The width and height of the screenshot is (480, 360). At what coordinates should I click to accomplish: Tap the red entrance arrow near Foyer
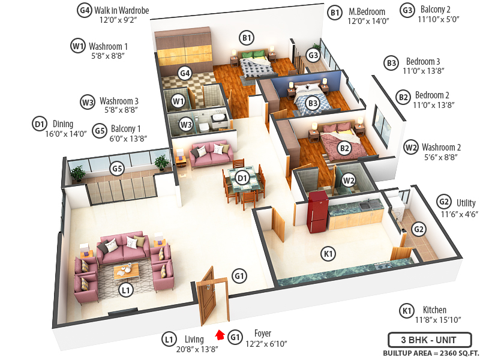pyautogui.click(x=220, y=335)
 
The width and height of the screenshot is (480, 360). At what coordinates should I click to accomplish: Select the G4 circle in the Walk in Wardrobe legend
pyautogui.click(x=85, y=10)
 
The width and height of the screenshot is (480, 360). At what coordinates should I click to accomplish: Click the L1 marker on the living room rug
pyautogui.click(x=125, y=291)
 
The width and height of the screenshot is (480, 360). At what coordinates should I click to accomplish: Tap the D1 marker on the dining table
pyautogui.click(x=242, y=178)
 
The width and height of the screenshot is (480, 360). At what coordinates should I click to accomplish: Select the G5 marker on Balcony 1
pyautogui.click(x=117, y=169)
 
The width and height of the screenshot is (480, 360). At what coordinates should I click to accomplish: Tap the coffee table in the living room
pyautogui.click(x=126, y=271)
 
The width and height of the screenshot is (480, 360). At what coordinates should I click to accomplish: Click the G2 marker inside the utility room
pyautogui.click(x=419, y=229)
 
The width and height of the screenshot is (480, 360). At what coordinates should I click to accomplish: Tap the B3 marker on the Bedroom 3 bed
pyautogui.click(x=313, y=103)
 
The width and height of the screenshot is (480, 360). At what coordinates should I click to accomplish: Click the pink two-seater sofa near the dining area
pyautogui.click(x=209, y=154)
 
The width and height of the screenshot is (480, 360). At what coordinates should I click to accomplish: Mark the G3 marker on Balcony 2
pyautogui.click(x=313, y=55)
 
